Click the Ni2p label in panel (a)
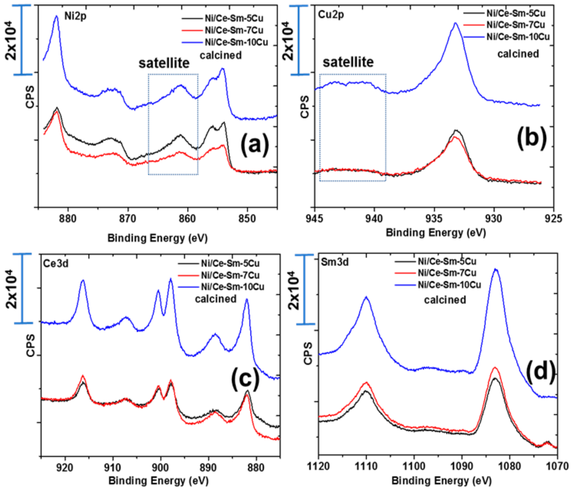(75, 16)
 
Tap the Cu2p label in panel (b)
(331, 14)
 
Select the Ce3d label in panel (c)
(56, 263)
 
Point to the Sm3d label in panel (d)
(335, 262)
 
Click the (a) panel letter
(254, 144)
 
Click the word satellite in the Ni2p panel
(164, 63)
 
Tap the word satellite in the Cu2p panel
(348, 62)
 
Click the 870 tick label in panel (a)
(128, 219)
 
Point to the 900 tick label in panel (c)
(160, 467)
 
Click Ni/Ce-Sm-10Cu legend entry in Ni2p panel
(236, 42)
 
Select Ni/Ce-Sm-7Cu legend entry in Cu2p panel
(515, 25)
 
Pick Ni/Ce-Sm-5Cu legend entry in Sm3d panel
(447, 261)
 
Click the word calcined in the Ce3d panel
(216, 299)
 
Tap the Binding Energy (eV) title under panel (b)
(436, 232)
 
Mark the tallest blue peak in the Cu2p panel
(455, 23)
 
